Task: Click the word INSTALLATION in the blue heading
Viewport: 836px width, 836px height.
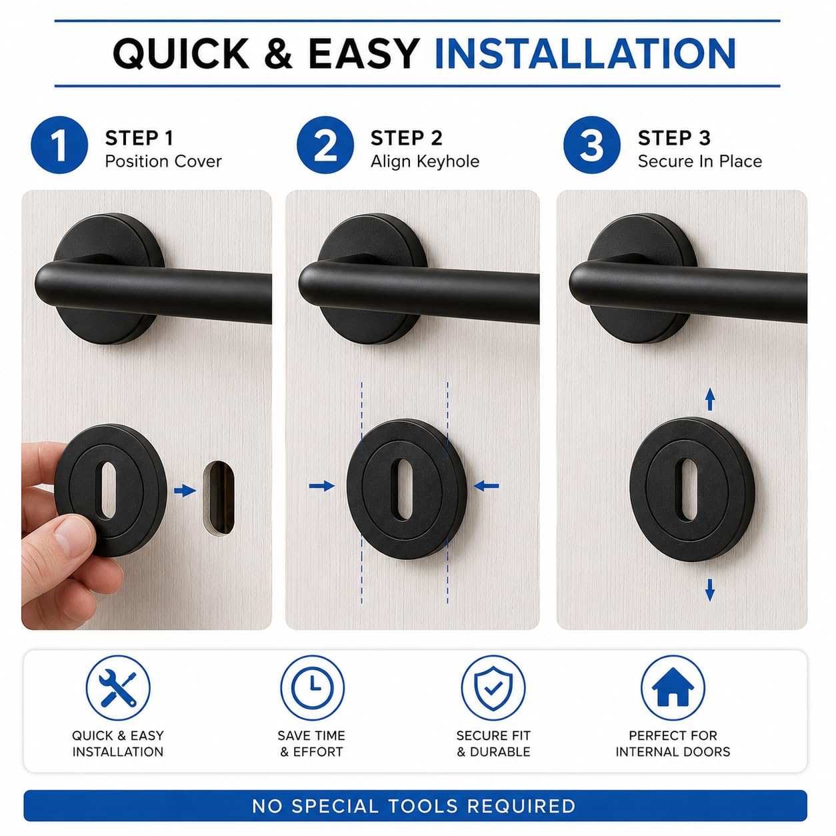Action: tap(585, 53)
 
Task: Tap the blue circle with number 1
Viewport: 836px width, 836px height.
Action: tap(59, 145)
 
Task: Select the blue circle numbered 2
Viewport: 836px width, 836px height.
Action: tap(325, 145)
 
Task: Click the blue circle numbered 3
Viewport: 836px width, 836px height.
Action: tap(592, 145)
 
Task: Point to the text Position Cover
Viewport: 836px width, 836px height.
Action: tap(163, 161)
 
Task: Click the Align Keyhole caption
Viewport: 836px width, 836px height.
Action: tap(425, 161)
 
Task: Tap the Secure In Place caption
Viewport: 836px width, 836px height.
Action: tap(700, 161)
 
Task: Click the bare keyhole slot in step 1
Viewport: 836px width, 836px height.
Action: tap(219, 499)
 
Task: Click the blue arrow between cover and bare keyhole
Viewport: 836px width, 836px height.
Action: tap(185, 491)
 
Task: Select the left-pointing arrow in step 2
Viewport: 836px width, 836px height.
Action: tap(486, 486)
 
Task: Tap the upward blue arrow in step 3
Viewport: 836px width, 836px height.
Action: tap(710, 399)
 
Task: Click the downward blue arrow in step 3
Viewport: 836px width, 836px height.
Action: tap(710, 589)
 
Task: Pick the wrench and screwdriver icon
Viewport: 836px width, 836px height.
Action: tap(118, 687)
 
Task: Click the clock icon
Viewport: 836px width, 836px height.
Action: tap(313, 687)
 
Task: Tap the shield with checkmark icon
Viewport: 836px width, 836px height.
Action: tap(493, 687)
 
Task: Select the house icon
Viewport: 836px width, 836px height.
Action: tap(673, 687)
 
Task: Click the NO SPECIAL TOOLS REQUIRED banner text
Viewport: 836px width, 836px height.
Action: tap(414, 806)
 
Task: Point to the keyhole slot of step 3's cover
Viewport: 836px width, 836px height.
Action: tap(688, 489)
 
